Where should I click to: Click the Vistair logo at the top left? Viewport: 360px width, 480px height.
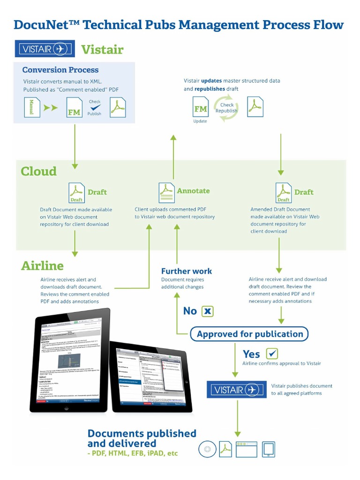coord(45,49)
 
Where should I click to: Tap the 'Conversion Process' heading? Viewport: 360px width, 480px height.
coord(60,70)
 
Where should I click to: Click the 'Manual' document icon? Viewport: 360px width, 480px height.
coord(32,107)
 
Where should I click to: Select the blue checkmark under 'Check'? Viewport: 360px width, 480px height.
coord(95,107)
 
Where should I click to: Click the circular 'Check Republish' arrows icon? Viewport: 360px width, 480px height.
coord(226,108)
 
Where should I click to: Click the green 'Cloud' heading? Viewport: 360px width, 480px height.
coord(38,172)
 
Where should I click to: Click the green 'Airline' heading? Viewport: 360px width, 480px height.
coord(42,266)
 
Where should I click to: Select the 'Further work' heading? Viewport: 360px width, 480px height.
coord(187,271)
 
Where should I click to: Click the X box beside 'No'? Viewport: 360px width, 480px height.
coord(207,311)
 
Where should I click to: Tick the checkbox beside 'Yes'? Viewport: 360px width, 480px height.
coord(272,353)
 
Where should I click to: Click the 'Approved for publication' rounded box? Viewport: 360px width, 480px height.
coord(249,334)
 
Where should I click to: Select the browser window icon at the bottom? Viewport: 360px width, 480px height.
coord(246,449)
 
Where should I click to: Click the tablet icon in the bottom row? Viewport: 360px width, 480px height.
coord(269,449)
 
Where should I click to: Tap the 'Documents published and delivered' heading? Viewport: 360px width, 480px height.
coord(142,438)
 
